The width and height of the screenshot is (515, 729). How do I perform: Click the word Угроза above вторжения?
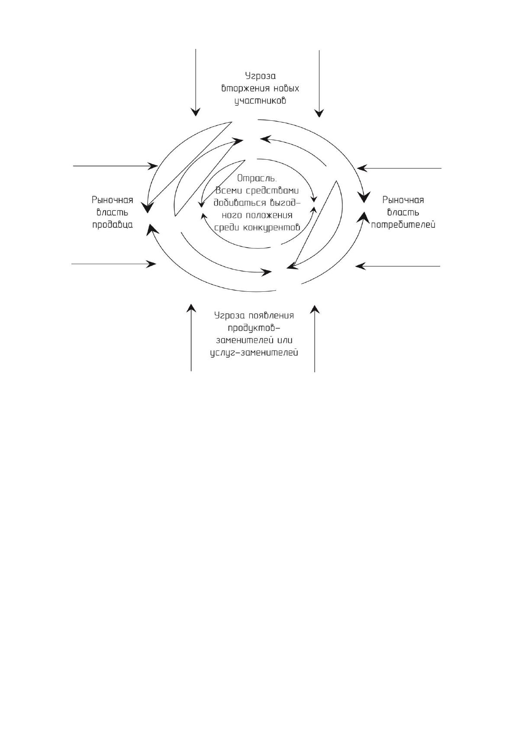point(260,77)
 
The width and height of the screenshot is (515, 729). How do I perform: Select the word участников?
point(260,100)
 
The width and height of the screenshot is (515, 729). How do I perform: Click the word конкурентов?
point(272,227)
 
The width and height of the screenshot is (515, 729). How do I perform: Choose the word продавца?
point(113,225)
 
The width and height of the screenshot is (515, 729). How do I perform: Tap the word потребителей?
point(403,225)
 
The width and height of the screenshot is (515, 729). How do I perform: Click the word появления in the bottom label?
point(271,316)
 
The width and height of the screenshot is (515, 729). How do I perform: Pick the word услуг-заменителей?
point(254,353)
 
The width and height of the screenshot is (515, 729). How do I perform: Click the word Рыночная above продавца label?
point(113,200)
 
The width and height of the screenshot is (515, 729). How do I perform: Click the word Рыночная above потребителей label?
point(403,200)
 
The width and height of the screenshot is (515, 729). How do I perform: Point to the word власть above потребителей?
point(403,213)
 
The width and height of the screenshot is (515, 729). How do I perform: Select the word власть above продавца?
point(113,213)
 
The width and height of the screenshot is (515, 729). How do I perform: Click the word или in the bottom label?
point(285,341)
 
